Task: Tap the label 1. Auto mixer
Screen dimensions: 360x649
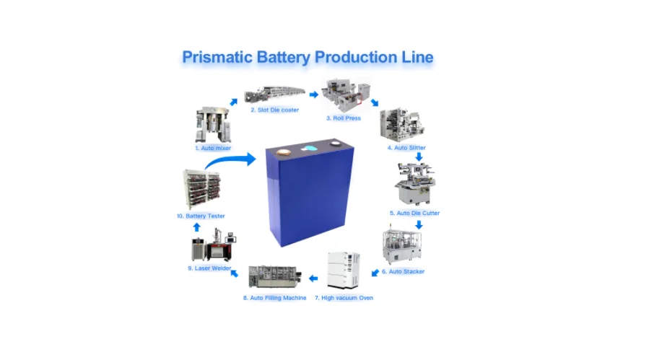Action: [x=213, y=148]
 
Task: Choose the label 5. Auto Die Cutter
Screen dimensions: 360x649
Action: [x=414, y=214]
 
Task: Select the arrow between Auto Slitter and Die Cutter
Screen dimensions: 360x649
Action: [x=419, y=156]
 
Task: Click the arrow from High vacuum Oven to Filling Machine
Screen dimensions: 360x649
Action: [x=313, y=278]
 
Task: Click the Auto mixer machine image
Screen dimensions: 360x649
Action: [x=212, y=124]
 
